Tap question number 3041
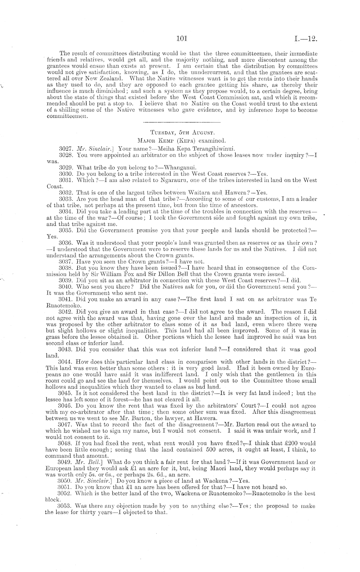pyautogui.click(x=66, y=299)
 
